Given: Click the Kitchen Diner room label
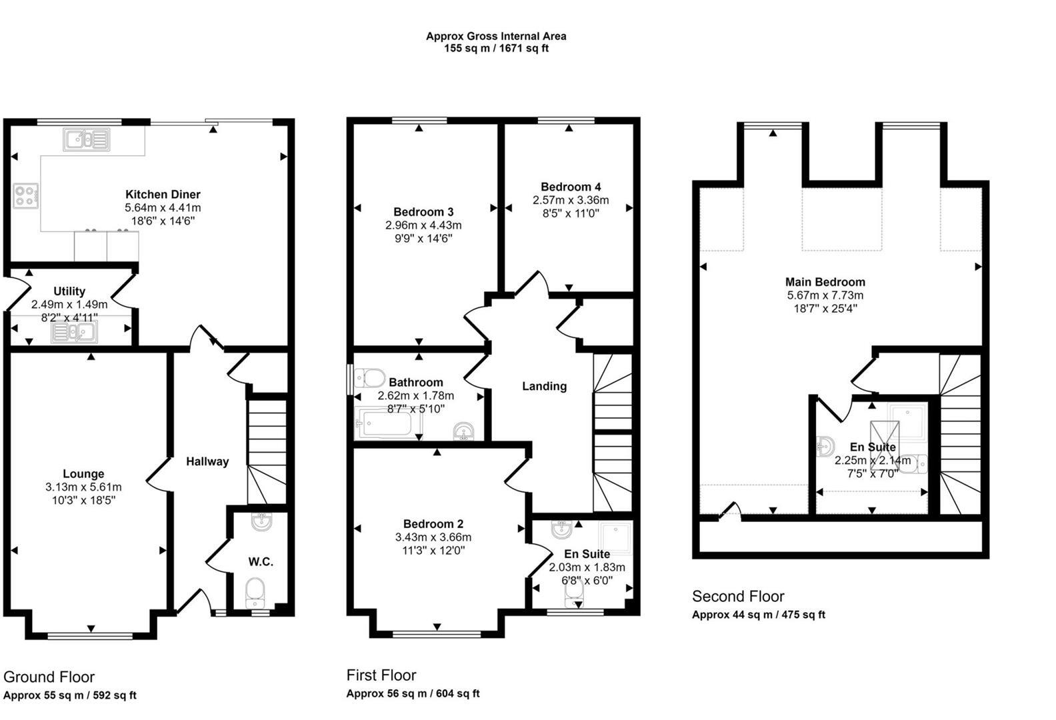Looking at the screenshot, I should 163,195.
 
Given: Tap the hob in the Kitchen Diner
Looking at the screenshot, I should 26,197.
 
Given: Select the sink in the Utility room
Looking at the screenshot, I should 75,332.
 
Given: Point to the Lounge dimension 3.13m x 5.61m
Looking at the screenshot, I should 83,487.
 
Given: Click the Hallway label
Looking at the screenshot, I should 207,461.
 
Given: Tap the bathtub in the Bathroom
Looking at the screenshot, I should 386,423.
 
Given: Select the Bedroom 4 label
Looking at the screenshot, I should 571,187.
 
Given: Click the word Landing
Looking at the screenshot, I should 544,386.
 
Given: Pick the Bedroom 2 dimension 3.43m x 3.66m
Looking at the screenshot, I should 433,537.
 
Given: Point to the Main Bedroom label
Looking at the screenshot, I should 825,282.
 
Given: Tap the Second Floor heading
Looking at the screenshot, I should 738,597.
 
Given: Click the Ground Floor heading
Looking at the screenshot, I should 49,677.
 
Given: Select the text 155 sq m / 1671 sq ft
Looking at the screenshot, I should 496,49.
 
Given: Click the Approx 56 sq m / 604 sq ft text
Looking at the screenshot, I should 413,694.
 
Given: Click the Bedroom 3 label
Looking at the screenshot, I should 423,212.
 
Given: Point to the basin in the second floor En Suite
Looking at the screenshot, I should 824,445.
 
